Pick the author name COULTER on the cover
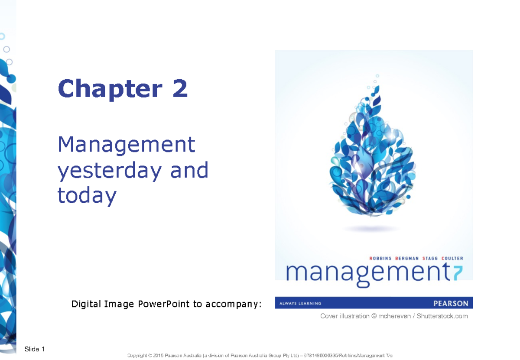tap(459, 258)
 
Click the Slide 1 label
tap(35, 349)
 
